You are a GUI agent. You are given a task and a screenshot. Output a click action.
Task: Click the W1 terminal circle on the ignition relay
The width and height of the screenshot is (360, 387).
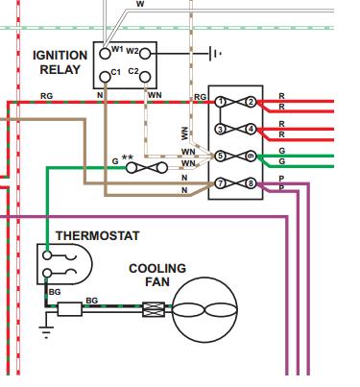pyautogui.click(x=105, y=54)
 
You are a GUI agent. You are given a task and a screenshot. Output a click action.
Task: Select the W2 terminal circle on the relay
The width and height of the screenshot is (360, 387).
pyautogui.click(x=145, y=54)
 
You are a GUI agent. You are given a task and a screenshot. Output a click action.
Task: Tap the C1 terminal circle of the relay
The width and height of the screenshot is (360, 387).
pyautogui.click(x=105, y=77)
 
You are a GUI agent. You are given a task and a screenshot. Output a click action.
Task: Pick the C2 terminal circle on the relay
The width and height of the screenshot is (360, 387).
pyautogui.click(x=145, y=77)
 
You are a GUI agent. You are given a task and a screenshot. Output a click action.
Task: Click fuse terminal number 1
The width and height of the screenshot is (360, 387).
pyautogui.click(x=220, y=102)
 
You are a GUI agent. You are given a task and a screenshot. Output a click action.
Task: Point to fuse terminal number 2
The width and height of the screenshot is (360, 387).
pyautogui.click(x=252, y=102)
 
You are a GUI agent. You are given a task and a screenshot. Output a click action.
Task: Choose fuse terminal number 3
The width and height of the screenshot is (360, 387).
pyautogui.click(x=220, y=130)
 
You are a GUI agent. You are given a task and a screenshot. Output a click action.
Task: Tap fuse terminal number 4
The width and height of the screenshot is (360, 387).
pyautogui.click(x=252, y=130)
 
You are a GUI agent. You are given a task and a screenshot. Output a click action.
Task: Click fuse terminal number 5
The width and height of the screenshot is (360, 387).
pyautogui.click(x=220, y=157)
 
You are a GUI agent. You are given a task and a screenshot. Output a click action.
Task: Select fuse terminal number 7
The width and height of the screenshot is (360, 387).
pyautogui.click(x=220, y=183)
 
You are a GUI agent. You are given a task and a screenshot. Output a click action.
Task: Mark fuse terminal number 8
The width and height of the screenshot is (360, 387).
pyautogui.click(x=252, y=183)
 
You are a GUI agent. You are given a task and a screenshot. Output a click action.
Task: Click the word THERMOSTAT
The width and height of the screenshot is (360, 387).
pyautogui.click(x=98, y=236)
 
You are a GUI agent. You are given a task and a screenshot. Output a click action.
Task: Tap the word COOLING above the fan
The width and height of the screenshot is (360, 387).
pyautogui.click(x=157, y=268)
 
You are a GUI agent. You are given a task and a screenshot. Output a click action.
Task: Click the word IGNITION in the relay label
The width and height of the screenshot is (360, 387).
pyautogui.click(x=60, y=56)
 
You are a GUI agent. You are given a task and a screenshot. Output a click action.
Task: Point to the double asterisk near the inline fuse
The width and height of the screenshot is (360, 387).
pyautogui.click(x=128, y=157)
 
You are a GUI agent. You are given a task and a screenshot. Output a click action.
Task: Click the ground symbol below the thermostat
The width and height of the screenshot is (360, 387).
pyautogui.click(x=46, y=331)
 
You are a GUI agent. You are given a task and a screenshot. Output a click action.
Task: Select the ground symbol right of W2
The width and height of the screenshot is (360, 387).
pyautogui.click(x=215, y=54)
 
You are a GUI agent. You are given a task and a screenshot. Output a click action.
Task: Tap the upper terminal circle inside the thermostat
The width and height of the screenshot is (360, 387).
pyautogui.click(x=47, y=255)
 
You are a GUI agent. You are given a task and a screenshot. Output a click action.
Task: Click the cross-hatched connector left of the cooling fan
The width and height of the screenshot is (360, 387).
pyautogui.click(x=154, y=309)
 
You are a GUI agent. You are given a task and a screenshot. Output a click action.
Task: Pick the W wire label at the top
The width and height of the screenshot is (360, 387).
pyautogui.click(x=140, y=4)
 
